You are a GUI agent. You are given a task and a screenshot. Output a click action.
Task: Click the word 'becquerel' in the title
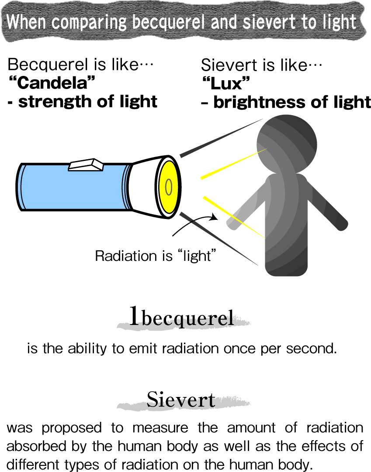[168, 22]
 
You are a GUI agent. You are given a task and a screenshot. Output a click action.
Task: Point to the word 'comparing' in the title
[89, 22]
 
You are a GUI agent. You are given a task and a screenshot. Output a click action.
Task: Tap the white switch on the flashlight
[86, 165]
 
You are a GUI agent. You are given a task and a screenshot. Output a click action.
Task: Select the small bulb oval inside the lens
[169, 187]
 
